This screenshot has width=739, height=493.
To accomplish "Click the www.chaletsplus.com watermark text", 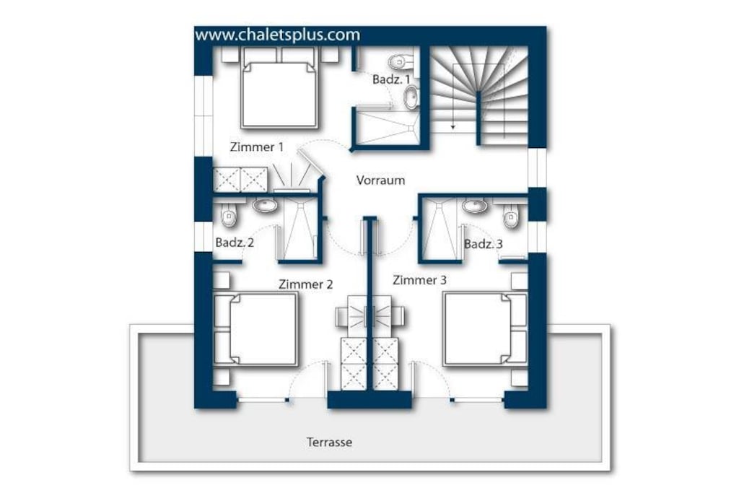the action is click(277, 35).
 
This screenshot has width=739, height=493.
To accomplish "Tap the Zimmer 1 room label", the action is click(257, 147).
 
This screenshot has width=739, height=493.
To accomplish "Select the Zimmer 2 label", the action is click(305, 284).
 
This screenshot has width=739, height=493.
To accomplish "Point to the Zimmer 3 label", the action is click(419, 280).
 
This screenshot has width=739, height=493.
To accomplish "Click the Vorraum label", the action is click(380, 180).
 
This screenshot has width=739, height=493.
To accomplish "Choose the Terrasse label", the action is click(329, 442).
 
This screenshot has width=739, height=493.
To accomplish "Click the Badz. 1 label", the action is click(391, 79).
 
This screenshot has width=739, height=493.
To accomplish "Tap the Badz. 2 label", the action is click(235, 243).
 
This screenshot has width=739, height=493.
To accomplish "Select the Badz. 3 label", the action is click(484, 244).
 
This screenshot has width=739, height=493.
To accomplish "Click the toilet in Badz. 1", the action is click(400, 61).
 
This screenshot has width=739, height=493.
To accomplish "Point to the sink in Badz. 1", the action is click(411, 97).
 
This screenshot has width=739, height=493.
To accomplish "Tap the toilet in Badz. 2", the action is click(229, 215).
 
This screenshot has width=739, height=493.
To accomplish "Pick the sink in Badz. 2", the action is click(265, 206).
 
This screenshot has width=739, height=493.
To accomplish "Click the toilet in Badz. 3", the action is click(510, 217).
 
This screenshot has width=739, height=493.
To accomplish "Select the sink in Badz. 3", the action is click(474, 206).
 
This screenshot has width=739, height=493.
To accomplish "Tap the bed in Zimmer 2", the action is click(256, 329).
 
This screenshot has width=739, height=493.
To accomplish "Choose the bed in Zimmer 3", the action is click(485, 329).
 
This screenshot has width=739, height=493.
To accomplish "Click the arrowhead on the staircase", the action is click(453, 126).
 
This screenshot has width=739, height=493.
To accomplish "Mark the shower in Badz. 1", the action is click(387, 126).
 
